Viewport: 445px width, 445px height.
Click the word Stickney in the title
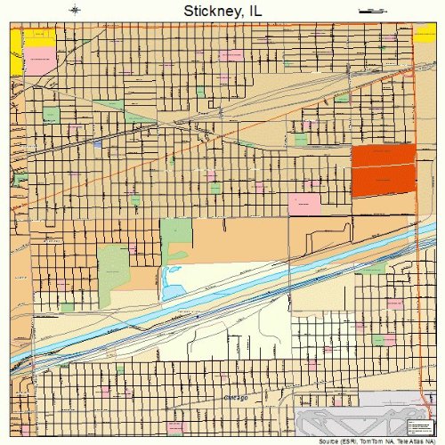[210, 12]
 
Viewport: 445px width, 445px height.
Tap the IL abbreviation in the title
[255, 12]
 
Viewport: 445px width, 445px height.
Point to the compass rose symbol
[75, 11]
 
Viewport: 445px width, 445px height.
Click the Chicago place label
[235, 397]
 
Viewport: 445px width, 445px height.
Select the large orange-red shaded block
[384, 169]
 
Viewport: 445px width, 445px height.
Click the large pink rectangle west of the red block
[304, 204]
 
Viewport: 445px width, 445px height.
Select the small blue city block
[97, 143]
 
